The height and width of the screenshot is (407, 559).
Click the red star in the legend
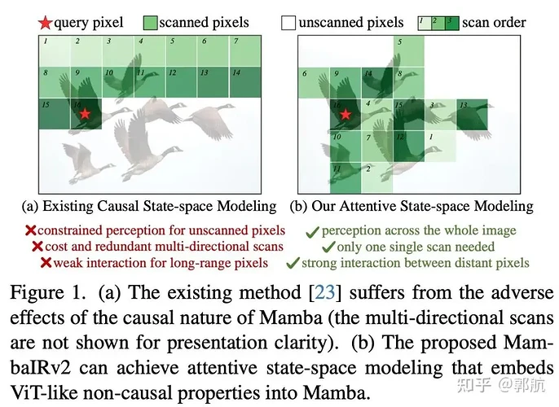(x=47, y=23)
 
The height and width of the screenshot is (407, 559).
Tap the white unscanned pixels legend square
(x=288, y=23)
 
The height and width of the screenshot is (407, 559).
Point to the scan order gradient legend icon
(x=436, y=23)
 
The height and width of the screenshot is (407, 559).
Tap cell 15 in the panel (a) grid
(x=53, y=114)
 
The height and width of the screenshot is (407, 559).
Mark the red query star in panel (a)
(x=85, y=116)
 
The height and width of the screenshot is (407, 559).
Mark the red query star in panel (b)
(x=346, y=115)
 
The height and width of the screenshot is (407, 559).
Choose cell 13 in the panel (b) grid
(x=472, y=114)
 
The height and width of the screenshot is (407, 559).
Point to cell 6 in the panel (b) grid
(x=313, y=82)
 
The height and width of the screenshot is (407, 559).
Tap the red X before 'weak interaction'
(x=46, y=262)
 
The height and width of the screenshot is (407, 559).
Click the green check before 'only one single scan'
(x=328, y=246)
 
